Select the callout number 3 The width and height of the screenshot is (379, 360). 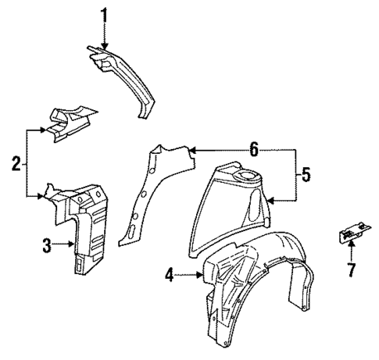pos(47,246)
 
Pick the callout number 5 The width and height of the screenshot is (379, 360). pos(306,176)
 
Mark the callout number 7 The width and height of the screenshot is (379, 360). pos(352,270)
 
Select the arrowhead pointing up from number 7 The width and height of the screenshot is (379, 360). pos(352,244)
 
